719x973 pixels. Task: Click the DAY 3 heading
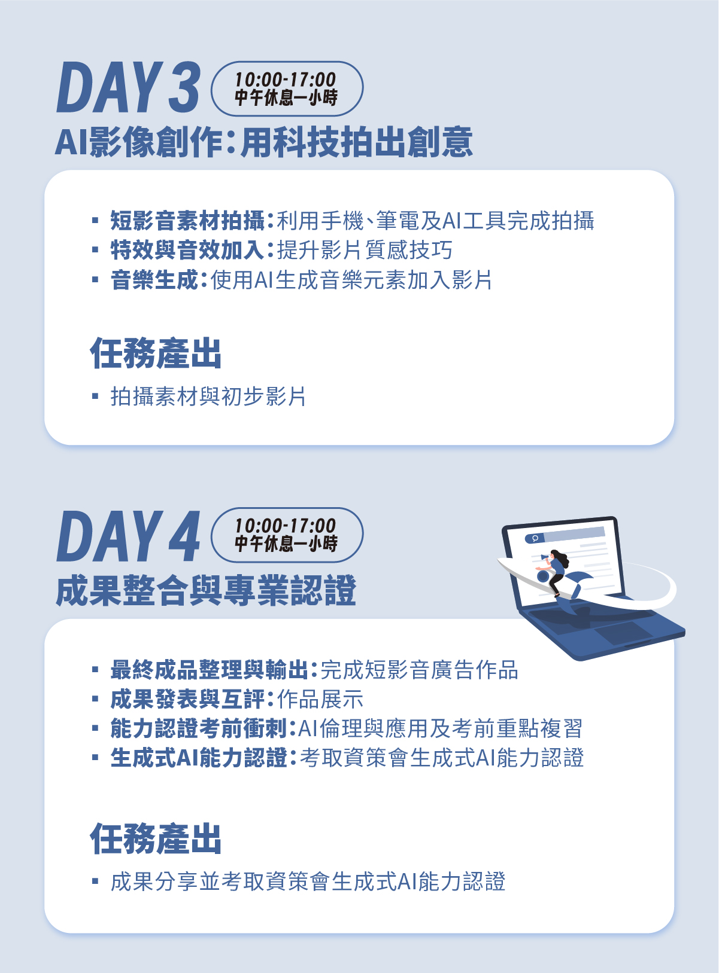click(x=128, y=87)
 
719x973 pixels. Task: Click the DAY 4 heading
click(x=128, y=536)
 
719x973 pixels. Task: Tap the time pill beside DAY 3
click(x=287, y=89)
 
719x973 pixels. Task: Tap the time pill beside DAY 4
click(x=287, y=535)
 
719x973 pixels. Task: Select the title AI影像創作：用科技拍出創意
click(x=263, y=142)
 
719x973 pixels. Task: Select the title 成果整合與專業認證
click(x=206, y=590)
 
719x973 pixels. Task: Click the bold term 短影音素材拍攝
click(x=187, y=220)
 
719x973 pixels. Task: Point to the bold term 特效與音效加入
click(x=187, y=250)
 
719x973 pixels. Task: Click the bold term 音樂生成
click(x=154, y=280)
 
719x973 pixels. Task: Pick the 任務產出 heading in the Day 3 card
click(x=156, y=353)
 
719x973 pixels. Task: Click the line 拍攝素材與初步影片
click(x=208, y=396)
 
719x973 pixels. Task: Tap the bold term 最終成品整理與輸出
click(x=210, y=670)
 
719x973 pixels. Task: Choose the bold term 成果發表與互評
click(x=187, y=699)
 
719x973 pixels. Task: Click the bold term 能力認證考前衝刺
click(x=199, y=728)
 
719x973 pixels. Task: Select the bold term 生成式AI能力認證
click(x=199, y=758)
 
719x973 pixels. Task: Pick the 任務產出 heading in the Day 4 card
click(x=156, y=839)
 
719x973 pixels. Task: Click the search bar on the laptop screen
click(x=565, y=535)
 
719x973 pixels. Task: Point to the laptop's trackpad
click(x=624, y=632)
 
